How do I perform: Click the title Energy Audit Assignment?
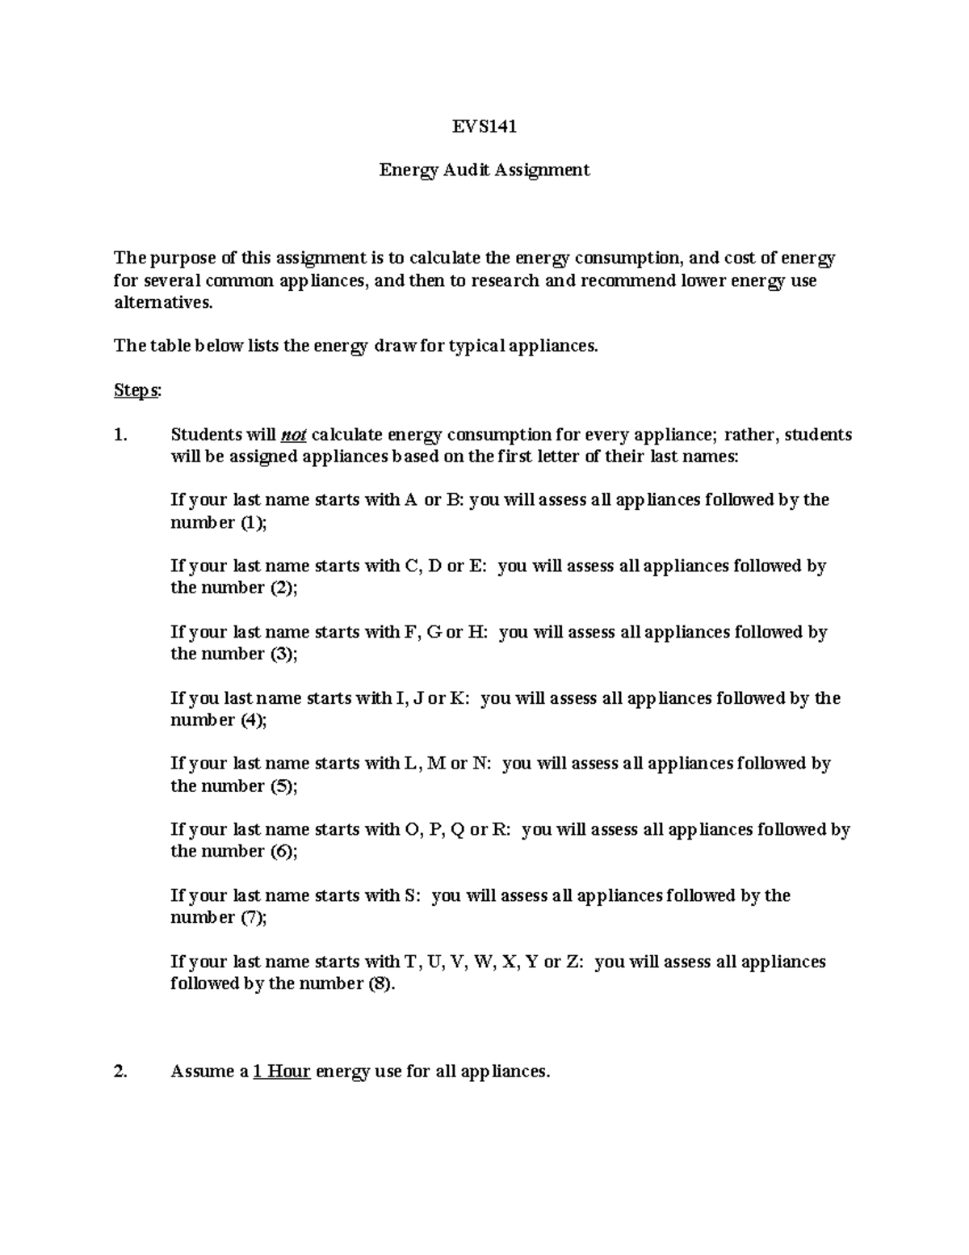pyautogui.click(x=484, y=171)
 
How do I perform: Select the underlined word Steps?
pyautogui.click(x=136, y=390)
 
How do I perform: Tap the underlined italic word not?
pyautogui.click(x=293, y=436)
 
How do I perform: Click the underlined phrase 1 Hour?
pyautogui.click(x=282, y=1072)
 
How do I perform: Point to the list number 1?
pyautogui.click(x=120, y=436)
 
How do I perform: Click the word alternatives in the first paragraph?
pyautogui.click(x=164, y=303)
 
